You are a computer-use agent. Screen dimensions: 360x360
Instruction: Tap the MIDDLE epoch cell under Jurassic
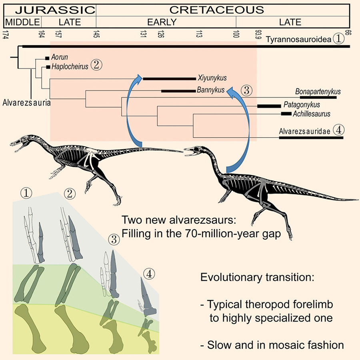click(x=22, y=22)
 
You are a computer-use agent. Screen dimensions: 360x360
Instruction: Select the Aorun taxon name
click(x=60, y=58)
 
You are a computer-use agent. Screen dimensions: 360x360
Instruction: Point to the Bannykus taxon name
click(x=210, y=90)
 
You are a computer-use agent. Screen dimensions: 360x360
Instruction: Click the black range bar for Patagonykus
click(x=269, y=106)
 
